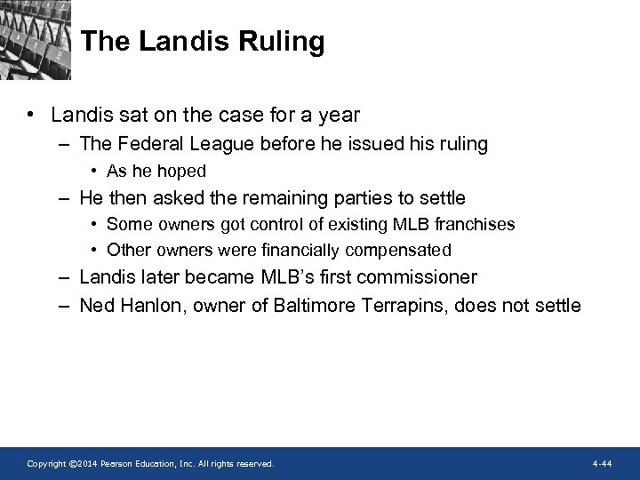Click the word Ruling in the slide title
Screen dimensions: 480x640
284,42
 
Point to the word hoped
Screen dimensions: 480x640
182,171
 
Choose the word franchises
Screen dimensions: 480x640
475,224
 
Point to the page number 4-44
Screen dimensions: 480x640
601,464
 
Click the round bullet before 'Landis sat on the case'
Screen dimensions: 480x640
31,115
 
